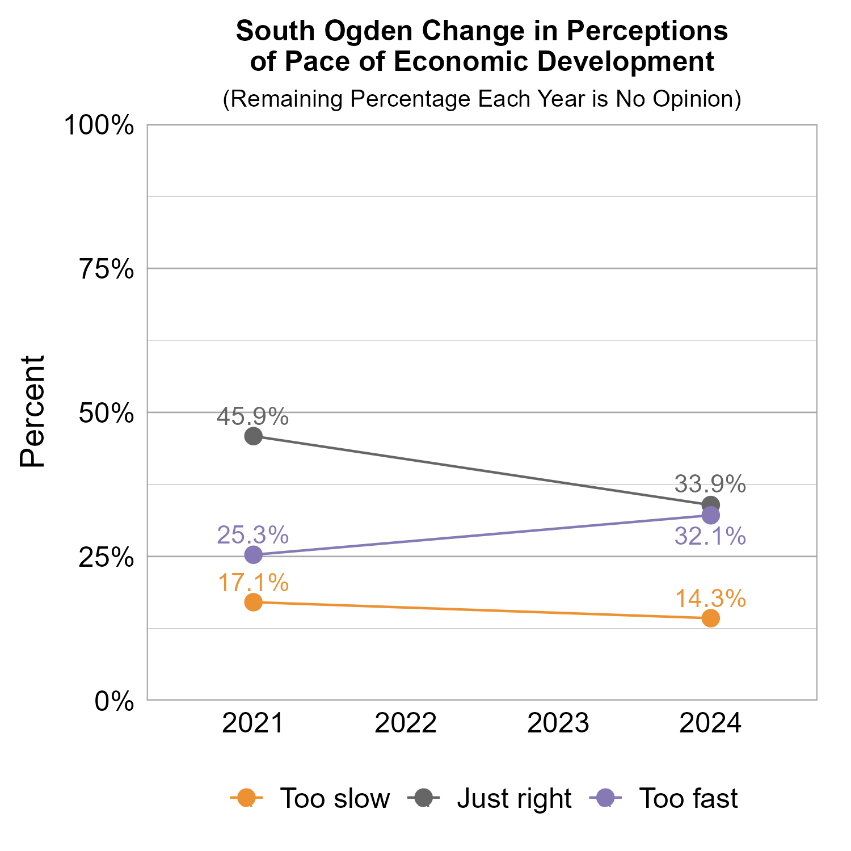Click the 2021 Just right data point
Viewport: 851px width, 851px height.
click(x=253, y=436)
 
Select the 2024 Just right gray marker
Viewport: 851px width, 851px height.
click(x=710, y=504)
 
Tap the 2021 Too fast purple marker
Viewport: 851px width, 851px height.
click(x=253, y=555)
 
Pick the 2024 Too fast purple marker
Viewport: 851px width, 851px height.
click(x=710, y=516)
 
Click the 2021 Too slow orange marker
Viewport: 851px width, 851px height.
click(x=253, y=602)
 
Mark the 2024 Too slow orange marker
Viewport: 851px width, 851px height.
click(x=710, y=618)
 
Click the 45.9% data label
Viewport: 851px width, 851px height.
click(x=253, y=418)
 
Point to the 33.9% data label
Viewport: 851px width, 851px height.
click(x=710, y=485)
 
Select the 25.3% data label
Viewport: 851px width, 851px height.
click(x=253, y=535)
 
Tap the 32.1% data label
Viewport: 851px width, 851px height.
click(x=710, y=536)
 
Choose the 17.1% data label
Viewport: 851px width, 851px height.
click(x=253, y=583)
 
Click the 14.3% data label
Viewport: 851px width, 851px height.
click(x=710, y=599)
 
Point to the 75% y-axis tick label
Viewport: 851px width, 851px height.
click(x=106, y=269)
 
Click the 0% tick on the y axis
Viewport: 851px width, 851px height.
click(x=114, y=702)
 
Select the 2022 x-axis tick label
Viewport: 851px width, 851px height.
click(x=406, y=724)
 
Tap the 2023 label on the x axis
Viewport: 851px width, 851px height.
click(x=558, y=724)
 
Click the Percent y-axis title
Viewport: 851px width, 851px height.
click(x=32, y=412)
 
